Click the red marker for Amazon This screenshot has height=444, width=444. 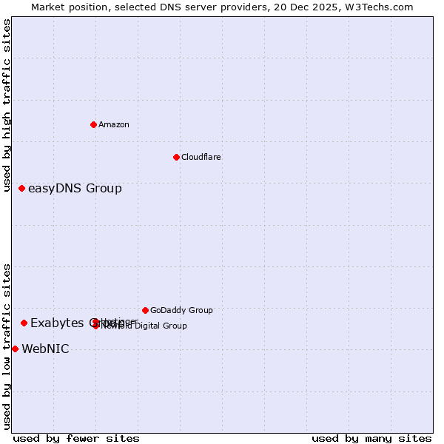coord(93,124)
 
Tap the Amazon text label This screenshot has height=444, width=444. coord(114,124)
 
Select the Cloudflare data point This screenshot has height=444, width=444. coord(176,157)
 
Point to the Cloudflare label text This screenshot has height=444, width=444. coord(201,157)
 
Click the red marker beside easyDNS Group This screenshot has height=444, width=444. coord(22,188)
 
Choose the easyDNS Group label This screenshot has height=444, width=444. coord(75,188)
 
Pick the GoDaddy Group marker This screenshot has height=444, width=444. coord(145,310)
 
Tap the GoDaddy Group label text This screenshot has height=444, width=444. coord(181,310)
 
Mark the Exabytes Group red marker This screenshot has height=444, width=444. coord(24,323)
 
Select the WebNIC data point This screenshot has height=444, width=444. coord(15,349)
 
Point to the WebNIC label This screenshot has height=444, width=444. coord(45,349)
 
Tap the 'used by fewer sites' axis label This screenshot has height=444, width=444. coord(76,438)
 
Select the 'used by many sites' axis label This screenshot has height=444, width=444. coord(371,438)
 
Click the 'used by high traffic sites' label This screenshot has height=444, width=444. coord(7,105)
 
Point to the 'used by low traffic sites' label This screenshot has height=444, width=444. coord(7,346)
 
